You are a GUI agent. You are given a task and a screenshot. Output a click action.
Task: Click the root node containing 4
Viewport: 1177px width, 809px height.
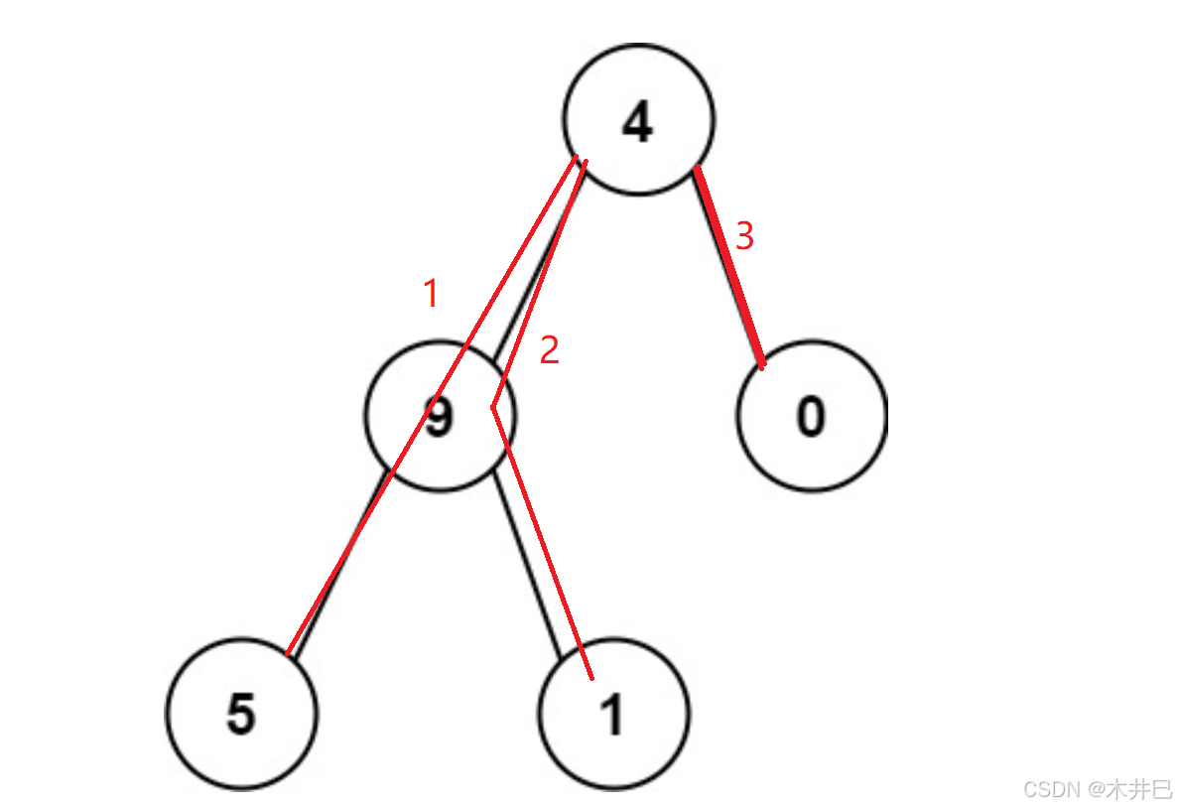coord(638,119)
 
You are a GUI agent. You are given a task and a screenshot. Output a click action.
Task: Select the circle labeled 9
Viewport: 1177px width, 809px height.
coord(440,416)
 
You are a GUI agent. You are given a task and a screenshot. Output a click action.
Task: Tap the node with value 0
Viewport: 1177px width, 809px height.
coord(811,416)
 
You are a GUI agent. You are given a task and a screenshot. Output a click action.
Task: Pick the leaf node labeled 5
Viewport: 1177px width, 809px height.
coord(241,714)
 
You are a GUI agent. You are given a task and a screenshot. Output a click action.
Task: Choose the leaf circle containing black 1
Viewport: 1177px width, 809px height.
coord(613,714)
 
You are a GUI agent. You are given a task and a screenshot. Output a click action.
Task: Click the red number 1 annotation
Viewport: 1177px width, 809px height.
coord(431,294)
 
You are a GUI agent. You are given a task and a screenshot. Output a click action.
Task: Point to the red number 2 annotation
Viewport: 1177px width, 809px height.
coord(549,349)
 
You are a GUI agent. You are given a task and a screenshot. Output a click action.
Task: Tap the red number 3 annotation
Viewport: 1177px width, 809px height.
coord(744,236)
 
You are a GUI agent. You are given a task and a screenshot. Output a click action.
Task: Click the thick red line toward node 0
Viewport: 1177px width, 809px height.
coord(729,268)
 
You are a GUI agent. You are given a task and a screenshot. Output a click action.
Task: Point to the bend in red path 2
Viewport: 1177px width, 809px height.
coord(492,407)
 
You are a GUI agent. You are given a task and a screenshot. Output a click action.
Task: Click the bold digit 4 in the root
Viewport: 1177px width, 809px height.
coord(637,121)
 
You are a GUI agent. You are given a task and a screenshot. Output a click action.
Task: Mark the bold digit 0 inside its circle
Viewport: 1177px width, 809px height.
coord(811,417)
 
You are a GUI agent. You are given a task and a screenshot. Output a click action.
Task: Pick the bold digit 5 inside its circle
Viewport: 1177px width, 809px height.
coord(241,715)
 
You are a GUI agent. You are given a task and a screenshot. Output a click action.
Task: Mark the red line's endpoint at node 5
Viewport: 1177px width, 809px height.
coord(287,655)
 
